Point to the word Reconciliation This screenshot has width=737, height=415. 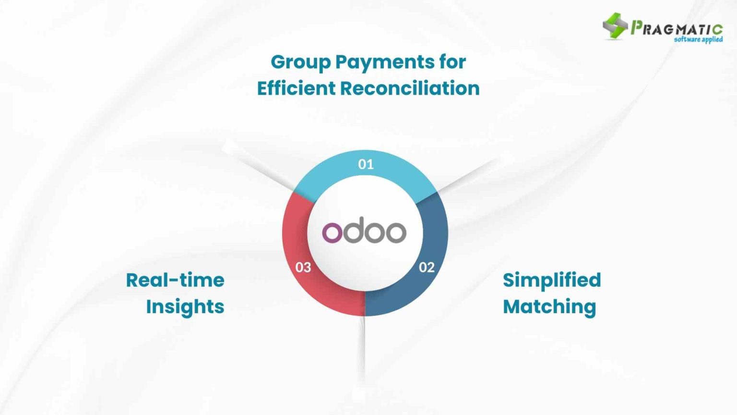[x=410, y=88]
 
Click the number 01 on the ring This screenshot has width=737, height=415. [x=366, y=164]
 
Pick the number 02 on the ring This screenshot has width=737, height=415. [x=427, y=267]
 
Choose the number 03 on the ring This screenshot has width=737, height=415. [x=303, y=267]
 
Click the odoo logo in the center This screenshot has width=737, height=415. [x=364, y=232]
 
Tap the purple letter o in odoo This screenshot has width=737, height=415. [x=332, y=232]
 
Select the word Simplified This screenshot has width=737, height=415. [x=552, y=280]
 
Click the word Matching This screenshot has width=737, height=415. [x=549, y=306]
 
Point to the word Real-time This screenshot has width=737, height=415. [x=175, y=280]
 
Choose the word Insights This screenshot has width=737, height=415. [x=185, y=306]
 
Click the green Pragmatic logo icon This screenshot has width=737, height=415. [x=615, y=25]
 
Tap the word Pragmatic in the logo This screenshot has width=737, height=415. [x=677, y=28]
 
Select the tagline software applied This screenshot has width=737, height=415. [x=698, y=39]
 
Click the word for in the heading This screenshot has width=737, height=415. [x=452, y=62]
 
